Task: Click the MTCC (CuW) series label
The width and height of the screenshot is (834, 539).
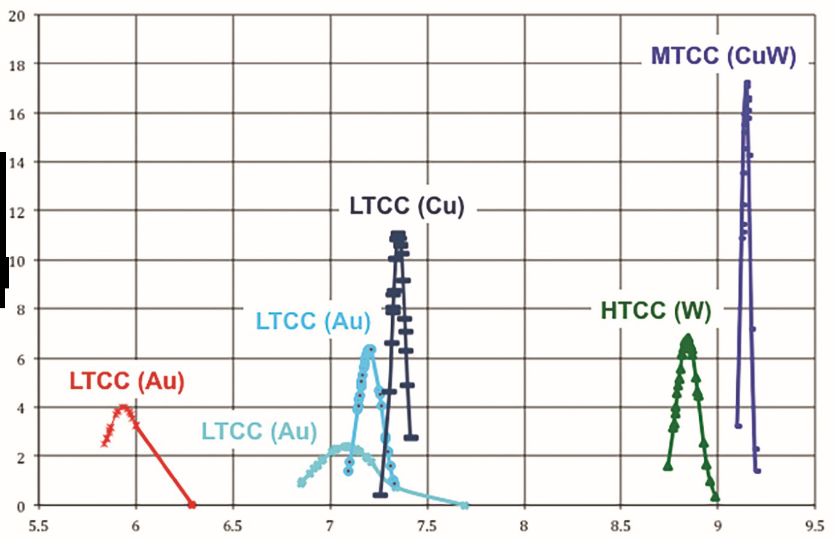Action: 723,56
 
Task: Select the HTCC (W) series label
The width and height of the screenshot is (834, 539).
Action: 656,311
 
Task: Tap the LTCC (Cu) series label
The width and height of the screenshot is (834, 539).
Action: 407,206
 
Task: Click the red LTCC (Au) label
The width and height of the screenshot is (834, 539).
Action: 127,381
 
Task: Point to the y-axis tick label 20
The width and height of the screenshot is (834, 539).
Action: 17,16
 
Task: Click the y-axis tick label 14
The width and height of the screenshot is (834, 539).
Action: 17,163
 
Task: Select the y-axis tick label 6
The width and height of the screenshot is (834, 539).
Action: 20,359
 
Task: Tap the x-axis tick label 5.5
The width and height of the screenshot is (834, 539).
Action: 38,526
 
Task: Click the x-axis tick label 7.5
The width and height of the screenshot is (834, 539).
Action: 427,526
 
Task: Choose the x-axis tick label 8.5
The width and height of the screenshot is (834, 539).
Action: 621,526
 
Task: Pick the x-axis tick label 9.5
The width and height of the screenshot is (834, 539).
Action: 815,526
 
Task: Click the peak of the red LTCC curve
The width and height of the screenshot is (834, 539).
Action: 123,407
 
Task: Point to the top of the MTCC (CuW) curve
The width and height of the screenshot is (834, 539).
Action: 747,83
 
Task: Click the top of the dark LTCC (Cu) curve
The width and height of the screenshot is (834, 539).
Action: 398,235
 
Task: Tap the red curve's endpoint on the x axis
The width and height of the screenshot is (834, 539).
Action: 192,504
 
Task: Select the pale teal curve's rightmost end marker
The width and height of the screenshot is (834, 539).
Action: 464,506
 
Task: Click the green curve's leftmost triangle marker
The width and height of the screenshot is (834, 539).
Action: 668,466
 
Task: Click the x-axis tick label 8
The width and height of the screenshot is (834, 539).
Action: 524,526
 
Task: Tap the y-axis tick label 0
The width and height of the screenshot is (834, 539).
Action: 20,507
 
